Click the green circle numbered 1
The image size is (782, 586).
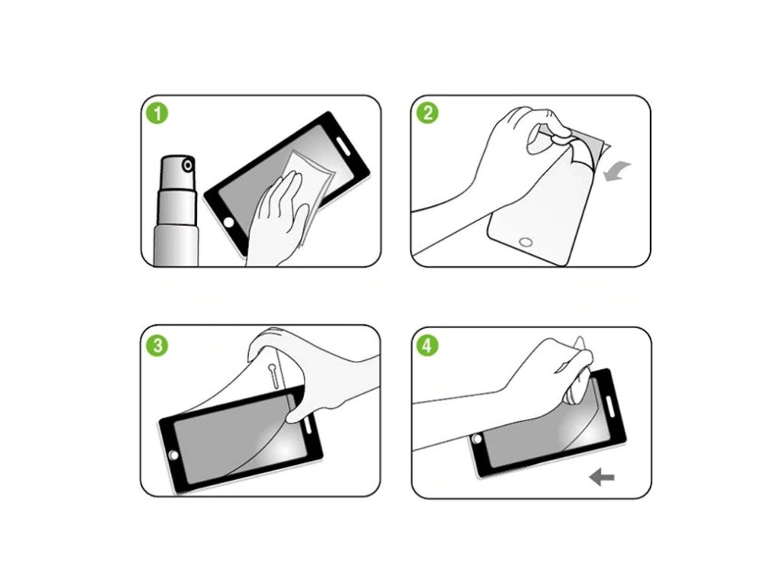pos(157,113)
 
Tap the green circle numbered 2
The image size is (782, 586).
pos(428,113)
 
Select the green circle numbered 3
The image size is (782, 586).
pos(157,346)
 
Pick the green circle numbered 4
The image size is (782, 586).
pos(428,346)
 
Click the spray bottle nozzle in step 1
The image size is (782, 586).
pos(188,165)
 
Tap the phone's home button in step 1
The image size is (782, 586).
pos(229,222)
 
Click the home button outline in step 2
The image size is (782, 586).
pos(525,242)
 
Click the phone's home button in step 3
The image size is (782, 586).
pos(173,456)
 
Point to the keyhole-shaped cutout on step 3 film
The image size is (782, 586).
pos(274,375)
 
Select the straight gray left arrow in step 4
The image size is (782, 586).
pos(602,478)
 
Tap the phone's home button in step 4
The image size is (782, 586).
pos(477,439)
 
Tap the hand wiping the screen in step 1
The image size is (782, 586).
pos(277,219)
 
